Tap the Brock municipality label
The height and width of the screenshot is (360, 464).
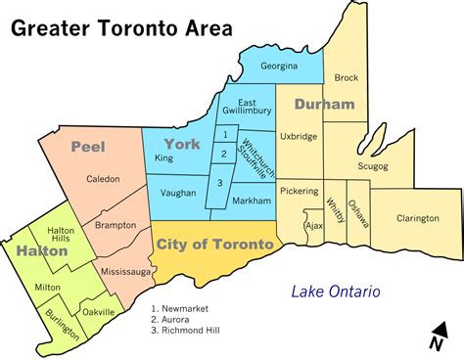tap(347, 77)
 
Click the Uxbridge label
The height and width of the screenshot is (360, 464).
tap(299, 137)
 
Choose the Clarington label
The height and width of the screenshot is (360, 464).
tap(418, 218)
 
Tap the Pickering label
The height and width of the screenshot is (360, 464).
tap(299, 195)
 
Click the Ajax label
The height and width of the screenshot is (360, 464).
tap(314, 224)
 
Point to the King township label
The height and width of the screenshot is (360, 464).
tap(163, 157)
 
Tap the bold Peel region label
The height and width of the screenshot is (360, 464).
tap(87, 147)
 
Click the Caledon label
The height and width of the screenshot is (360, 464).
tap(103, 179)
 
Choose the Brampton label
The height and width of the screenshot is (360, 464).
tap(116, 225)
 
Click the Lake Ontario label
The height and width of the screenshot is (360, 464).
tap(335, 292)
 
